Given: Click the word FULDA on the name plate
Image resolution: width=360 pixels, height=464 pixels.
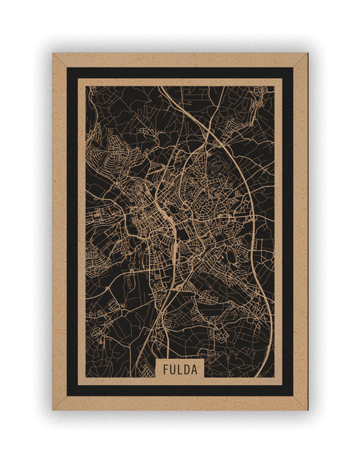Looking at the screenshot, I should click(x=179, y=369).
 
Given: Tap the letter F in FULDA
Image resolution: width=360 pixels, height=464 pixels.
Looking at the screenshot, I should click(x=164, y=369).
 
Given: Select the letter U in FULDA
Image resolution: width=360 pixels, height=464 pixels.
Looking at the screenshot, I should click(x=172, y=369).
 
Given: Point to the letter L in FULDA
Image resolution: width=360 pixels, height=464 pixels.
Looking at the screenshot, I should click(x=179, y=369).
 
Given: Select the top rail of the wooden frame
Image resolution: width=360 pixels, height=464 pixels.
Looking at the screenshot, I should click(x=180, y=59).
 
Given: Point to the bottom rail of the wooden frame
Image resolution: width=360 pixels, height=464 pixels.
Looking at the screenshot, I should click(x=180, y=403).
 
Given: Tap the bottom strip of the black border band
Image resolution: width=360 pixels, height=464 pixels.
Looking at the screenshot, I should click(x=180, y=390).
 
